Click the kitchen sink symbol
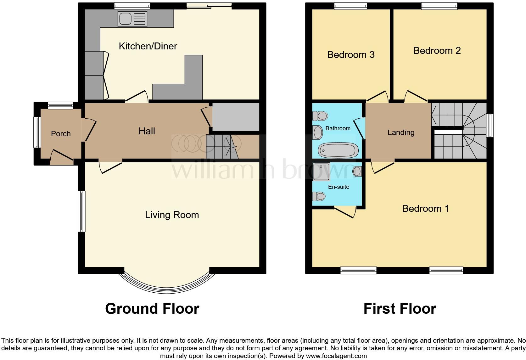coord(132,19)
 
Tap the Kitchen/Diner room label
coord(148,46)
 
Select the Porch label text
coord(61,134)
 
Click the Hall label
coord(147,131)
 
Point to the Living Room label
coord(172,215)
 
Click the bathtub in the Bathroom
coord(338,150)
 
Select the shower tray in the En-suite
coord(322,172)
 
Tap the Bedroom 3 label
coord(351,55)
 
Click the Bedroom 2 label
coord(437,51)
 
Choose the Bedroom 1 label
coord(425,209)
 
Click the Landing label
coord(401,132)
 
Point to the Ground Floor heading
coord(152,309)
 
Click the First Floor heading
coord(400,309)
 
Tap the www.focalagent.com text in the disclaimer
coord(336,356)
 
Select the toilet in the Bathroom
coord(320,116)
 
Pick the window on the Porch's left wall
coord(37,132)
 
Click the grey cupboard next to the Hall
coord(236,117)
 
